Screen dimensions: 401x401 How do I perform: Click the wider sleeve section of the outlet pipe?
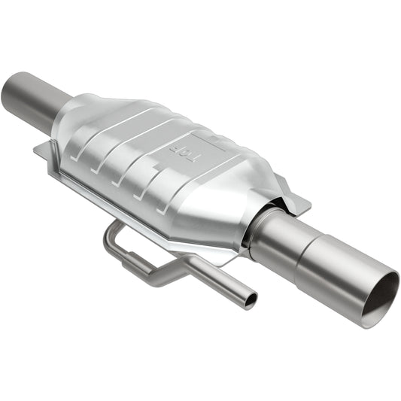pos(339,263)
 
